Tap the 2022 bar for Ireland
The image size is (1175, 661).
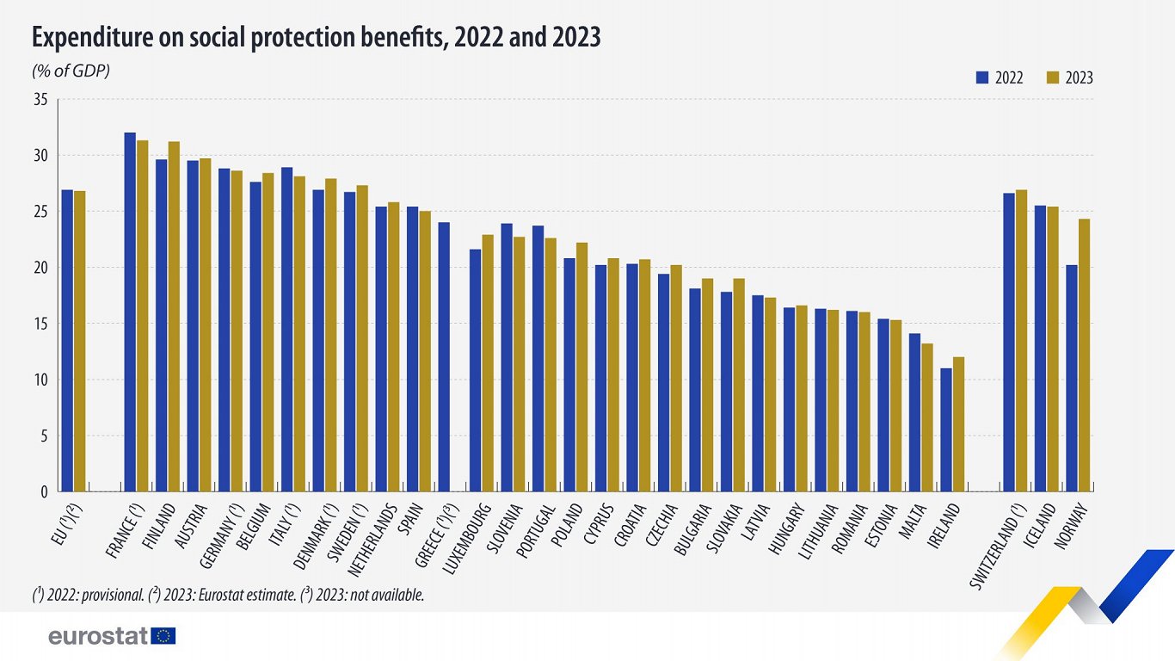(946, 429)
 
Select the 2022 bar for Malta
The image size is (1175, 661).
(914, 412)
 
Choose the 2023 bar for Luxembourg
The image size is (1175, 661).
(488, 362)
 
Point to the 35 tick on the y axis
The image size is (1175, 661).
(40, 100)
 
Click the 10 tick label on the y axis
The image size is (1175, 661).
(40, 380)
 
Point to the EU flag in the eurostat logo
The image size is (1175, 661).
(163, 636)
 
